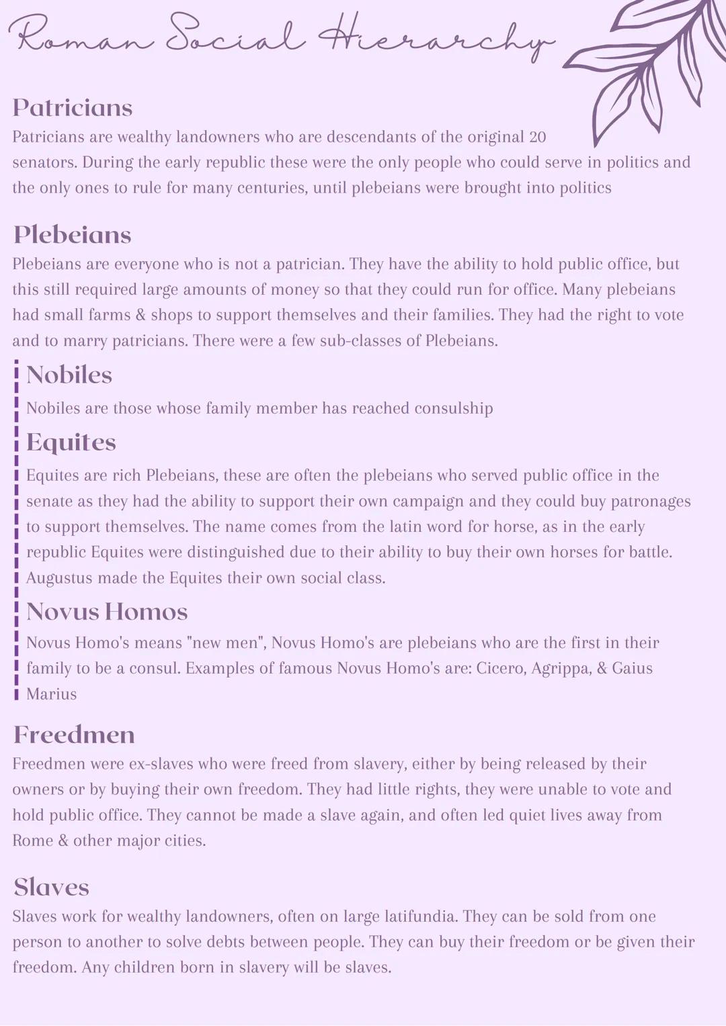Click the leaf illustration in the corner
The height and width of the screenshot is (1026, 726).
pyautogui.click(x=645, y=67)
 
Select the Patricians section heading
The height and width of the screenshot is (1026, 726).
pyautogui.click(x=73, y=108)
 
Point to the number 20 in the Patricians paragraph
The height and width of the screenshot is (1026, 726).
pyautogui.click(x=537, y=137)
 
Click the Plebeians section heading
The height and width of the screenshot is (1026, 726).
pyautogui.click(x=73, y=235)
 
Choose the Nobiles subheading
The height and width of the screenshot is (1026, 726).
pyautogui.click(x=69, y=375)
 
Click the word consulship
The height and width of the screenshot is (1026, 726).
pyautogui.click(x=453, y=408)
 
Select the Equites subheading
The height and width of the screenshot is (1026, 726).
pyautogui.click(x=71, y=442)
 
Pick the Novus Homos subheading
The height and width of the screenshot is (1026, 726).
pyautogui.click(x=107, y=612)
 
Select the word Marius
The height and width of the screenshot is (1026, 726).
pyautogui.click(x=52, y=694)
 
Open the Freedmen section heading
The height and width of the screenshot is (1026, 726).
pyautogui.click(x=74, y=735)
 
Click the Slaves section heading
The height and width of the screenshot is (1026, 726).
pyautogui.click(x=52, y=888)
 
